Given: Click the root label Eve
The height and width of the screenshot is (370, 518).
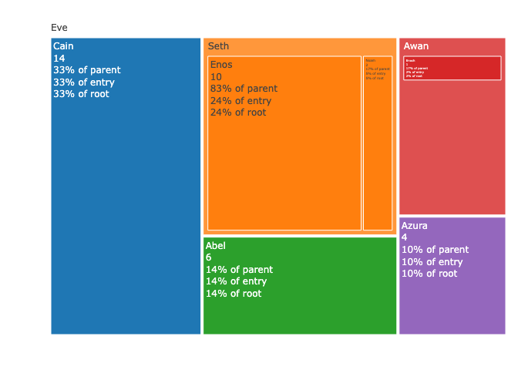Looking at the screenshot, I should click(59, 28).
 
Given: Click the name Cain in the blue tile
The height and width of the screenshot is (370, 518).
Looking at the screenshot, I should click(64, 46).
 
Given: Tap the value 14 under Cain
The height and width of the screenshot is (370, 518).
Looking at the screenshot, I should click(59, 59).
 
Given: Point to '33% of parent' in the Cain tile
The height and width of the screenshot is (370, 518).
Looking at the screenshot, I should click(86, 70).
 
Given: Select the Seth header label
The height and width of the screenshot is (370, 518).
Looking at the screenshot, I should click(218, 46).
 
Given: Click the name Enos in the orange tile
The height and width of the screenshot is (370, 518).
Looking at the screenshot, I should click(221, 65).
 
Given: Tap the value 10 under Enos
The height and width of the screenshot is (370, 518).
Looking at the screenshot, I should click(216, 77).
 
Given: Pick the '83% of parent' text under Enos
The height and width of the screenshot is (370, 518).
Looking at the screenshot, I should click(244, 89).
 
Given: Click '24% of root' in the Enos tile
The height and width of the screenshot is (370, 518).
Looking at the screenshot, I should click(238, 113).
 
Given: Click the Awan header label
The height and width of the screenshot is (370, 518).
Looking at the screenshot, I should click(416, 46).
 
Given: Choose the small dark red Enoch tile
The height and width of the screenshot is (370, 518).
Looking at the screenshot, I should click(452, 68).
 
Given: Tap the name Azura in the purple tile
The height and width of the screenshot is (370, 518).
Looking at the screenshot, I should click(414, 226).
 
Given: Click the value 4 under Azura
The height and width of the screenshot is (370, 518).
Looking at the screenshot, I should click(404, 237).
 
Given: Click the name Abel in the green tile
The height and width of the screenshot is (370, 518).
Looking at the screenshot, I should click(216, 246).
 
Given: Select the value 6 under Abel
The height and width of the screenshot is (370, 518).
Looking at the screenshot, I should click(208, 257).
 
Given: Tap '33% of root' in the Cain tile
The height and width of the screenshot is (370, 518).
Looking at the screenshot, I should click(81, 94).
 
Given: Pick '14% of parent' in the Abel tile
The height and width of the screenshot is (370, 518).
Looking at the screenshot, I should click(239, 270).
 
